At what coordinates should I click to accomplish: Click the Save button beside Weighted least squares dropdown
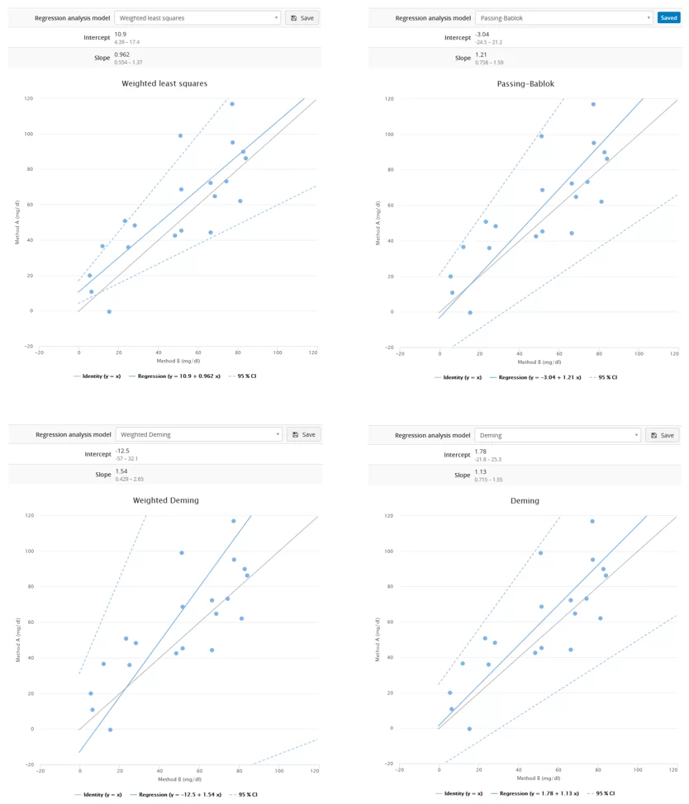pyautogui.click(x=302, y=17)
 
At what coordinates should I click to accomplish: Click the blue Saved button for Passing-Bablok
pyautogui.click(x=668, y=17)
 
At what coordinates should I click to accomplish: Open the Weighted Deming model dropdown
pyautogui.click(x=198, y=434)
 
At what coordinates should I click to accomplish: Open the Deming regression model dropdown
pyautogui.click(x=557, y=435)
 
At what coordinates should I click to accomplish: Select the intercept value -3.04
pyautogui.click(x=482, y=34)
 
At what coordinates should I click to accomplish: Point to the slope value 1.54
pyautogui.click(x=121, y=471)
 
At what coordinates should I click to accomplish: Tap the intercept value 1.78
pyautogui.click(x=481, y=452)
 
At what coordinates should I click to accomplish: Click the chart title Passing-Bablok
pyautogui.click(x=525, y=83)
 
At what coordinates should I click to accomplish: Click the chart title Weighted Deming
pyautogui.click(x=165, y=500)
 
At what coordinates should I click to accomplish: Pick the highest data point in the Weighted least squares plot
pyautogui.click(x=232, y=104)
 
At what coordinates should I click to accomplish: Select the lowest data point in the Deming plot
pyautogui.click(x=469, y=729)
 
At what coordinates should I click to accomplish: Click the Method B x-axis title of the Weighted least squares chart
pyautogui.click(x=179, y=361)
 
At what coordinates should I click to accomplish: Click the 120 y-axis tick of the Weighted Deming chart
pyautogui.click(x=52, y=515)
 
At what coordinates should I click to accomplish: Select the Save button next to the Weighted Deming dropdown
pyautogui.click(x=303, y=434)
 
